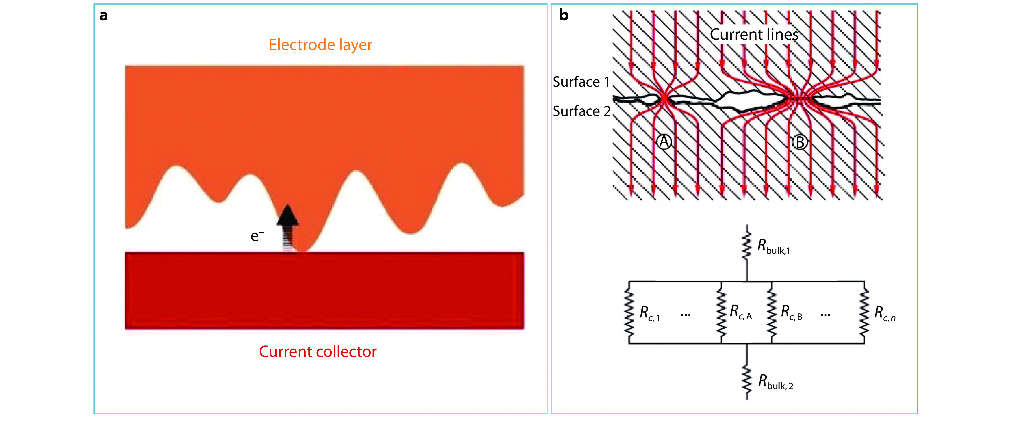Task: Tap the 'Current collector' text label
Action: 318,351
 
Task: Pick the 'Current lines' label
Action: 754,35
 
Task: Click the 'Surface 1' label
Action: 581,82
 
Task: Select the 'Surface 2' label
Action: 582,111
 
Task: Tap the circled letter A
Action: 664,142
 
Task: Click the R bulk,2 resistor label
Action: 775,382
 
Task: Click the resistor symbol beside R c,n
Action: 864,313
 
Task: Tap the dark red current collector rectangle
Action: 324,291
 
